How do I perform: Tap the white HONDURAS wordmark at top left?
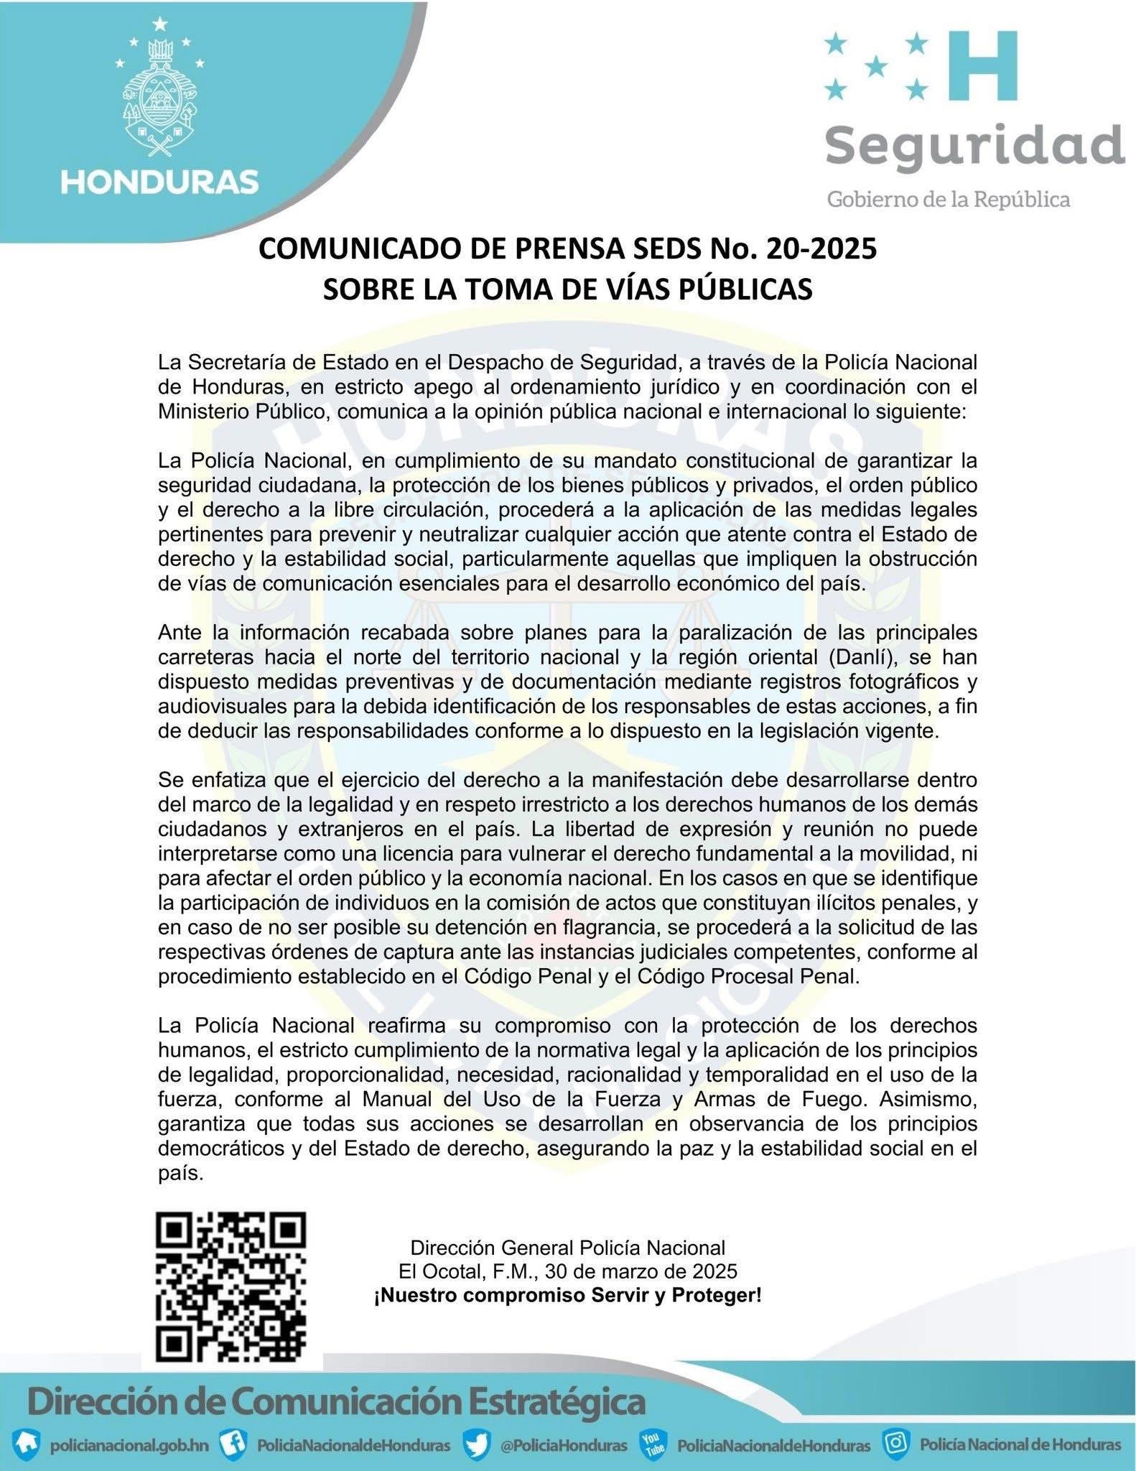159,182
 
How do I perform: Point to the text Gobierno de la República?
949,199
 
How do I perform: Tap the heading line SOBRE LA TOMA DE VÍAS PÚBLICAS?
567,289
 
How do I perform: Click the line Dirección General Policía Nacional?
567,1247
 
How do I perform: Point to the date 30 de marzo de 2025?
641,1271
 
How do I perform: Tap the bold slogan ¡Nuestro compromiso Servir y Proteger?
567,1296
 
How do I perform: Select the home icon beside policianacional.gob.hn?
27,1444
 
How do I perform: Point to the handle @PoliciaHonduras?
564,1445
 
